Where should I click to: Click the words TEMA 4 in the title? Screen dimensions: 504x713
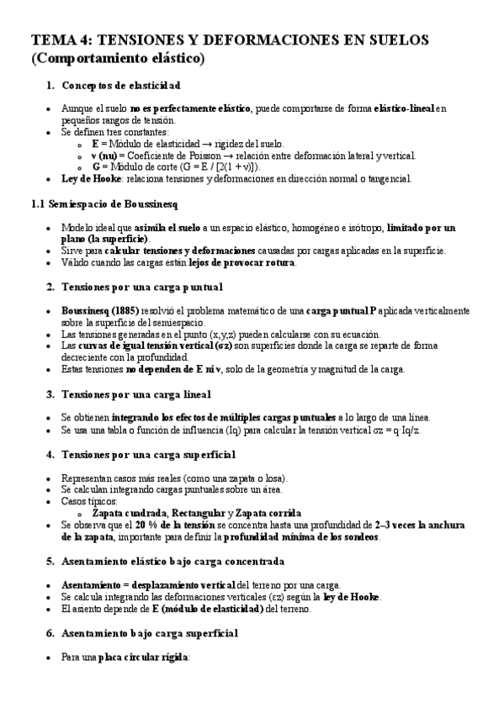(x=61, y=41)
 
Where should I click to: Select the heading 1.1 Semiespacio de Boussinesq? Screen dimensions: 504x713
(x=104, y=203)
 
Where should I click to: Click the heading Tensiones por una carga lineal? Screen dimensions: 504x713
(x=135, y=393)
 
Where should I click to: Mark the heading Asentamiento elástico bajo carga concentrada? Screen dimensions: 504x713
(x=172, y=561)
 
